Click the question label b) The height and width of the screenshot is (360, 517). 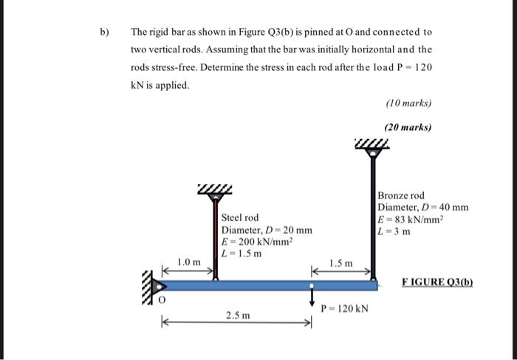(104, 33)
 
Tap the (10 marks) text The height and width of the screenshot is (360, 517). (408, 103)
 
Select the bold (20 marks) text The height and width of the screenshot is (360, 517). (408, 127)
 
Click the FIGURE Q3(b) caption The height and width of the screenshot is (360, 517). (437, 282)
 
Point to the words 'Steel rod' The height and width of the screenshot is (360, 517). (240, 217)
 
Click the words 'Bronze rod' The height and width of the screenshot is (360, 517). (401, 195)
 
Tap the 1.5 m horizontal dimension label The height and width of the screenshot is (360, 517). (340, 263)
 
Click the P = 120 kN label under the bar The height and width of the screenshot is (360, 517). (345, 307)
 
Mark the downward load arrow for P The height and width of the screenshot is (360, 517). (312, 300)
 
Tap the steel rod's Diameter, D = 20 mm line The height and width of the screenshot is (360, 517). (267, 229)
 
